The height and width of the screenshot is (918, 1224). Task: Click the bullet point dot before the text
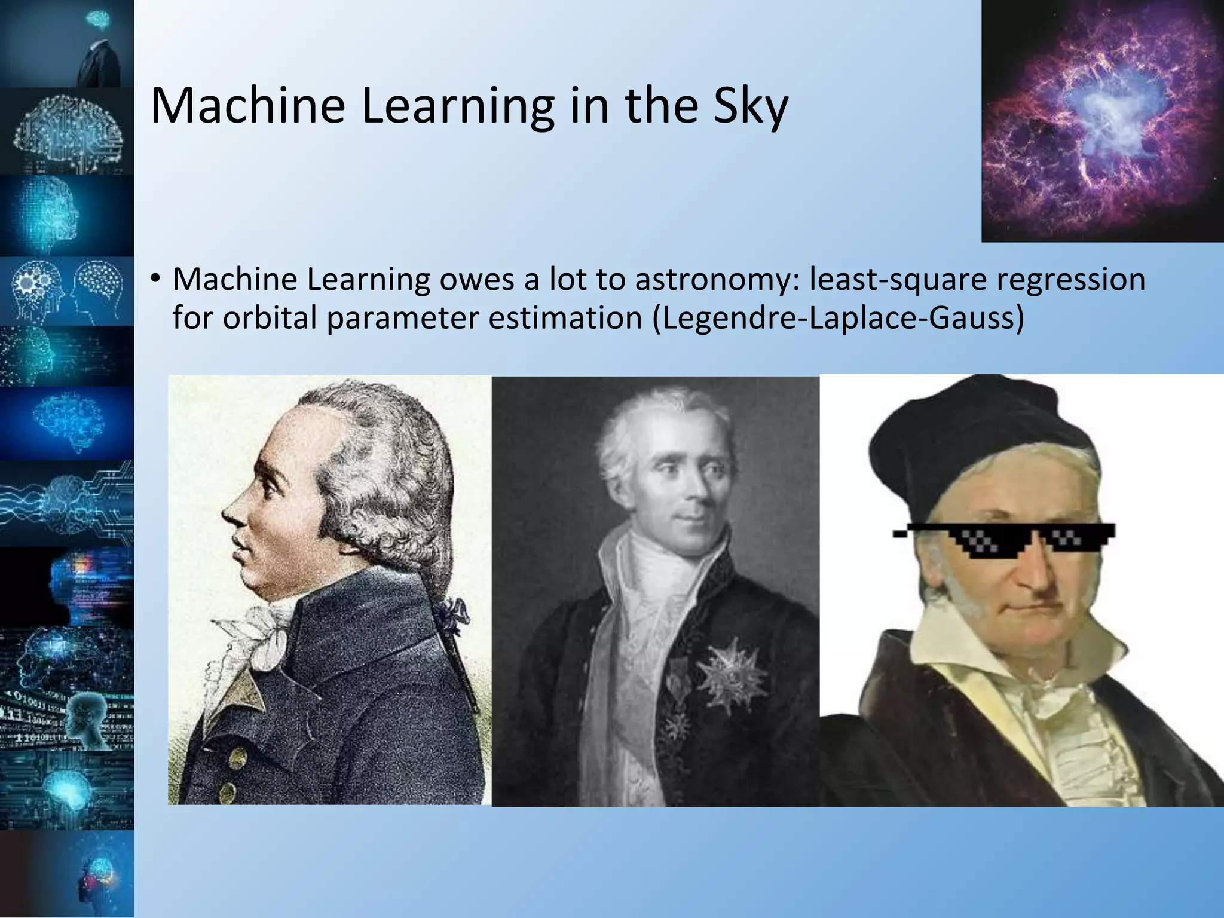coord(155,279)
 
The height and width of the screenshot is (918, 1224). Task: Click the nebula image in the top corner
coord(1103,120)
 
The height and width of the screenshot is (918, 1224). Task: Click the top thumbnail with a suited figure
coord(67,43)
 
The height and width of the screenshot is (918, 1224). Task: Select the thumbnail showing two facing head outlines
coord(67,291)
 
